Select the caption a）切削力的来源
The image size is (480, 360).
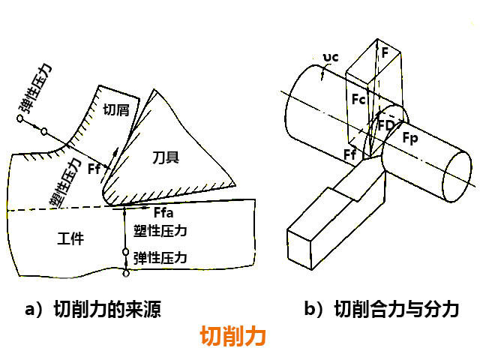[x=94, y=309]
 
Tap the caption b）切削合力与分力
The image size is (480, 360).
[x=381, y=309]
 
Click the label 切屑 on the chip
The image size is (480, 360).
[x=116, y=110]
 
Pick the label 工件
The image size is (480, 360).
[x=70, y=238]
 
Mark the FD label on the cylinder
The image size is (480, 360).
[x=387, y=124]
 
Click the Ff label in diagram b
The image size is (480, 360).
[x=349, y=155]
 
